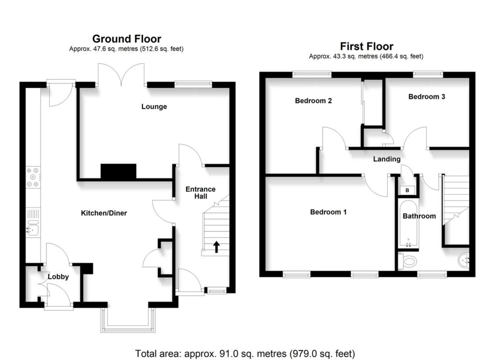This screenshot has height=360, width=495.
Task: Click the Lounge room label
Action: pyautogui.click(x=154, y=107)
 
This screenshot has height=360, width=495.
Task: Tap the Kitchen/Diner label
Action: pyautogui.click(x=103, y=213)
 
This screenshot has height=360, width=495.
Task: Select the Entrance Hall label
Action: pyautogui.click(x=201, y=193)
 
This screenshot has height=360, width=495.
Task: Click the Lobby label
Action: pyautogui.click(x=58, y=277)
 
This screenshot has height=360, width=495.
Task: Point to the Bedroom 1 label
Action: pyautogui.click(x=328, y=212)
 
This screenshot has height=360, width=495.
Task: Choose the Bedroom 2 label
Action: pyautogui.click(x=313, y=101)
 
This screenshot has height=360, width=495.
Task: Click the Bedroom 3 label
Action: pyautogui.click(x=427, y=97)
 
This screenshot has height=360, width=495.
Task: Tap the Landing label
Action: pyautogui.click(x=387, y=159)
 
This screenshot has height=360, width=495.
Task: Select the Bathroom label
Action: pyautogui.click(x=419, y=216)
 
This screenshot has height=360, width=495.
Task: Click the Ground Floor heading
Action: pyautogui.click(x=127, y=39)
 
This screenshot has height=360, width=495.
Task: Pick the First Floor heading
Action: pyautogui.click(x=366, y=46)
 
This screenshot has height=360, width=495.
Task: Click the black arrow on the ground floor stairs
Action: pyautogui.click(x=216, y=247)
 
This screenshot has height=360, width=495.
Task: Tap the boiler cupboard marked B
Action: pyautogui.click(x=408, y=190)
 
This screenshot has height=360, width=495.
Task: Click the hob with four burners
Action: pyautogui.click(x=33, y=177)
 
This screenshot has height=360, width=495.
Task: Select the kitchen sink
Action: pyautogui.click(x=32, y=227)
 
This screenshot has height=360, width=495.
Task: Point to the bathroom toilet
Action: pyautogui.click(x=409, y=262)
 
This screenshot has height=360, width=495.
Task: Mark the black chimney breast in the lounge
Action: pyautogui.click(x=118, y=172)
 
